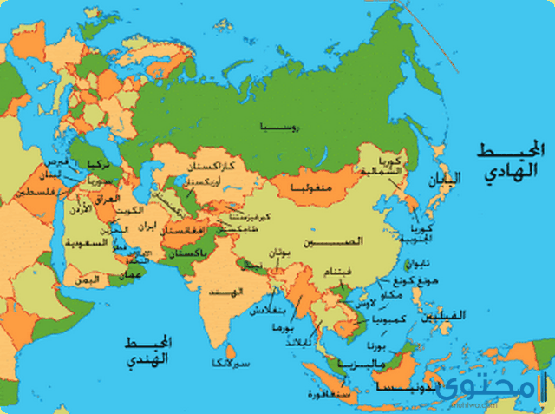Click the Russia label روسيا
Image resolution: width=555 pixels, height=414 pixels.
point(277,128)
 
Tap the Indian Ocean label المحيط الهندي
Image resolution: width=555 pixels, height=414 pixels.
point(146,348)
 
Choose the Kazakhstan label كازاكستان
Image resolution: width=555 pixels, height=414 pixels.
point(209,165)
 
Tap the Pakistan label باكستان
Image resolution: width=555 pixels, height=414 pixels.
point(185,251)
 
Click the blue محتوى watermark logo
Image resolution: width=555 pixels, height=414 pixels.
point(512,387)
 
